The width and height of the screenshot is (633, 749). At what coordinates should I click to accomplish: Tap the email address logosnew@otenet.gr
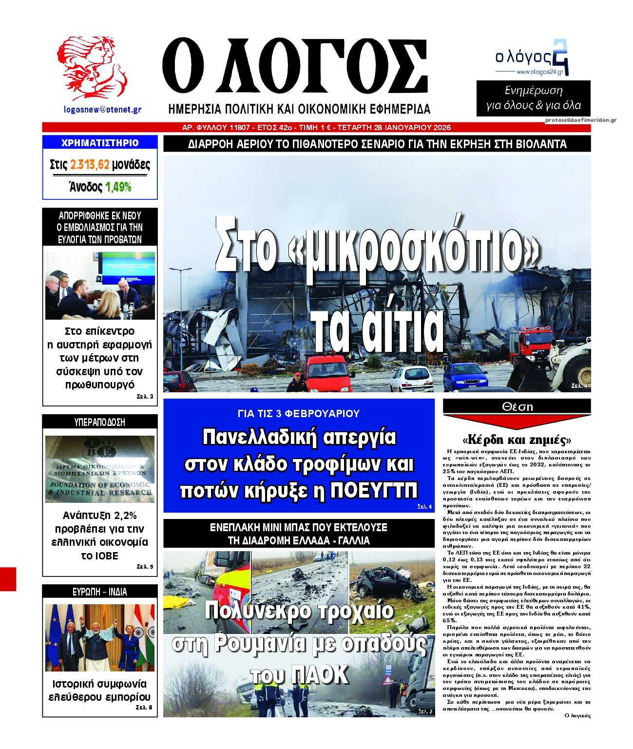point(102,110)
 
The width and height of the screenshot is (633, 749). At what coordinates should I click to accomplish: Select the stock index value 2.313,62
point(90,165)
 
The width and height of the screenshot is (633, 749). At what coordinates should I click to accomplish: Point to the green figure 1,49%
point(118,187)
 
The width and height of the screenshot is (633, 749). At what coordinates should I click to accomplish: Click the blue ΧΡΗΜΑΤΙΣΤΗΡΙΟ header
point(100,143)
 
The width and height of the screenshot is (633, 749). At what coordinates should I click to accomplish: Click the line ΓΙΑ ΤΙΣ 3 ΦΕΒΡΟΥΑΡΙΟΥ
point(299,413)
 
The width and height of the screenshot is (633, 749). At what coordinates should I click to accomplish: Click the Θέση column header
point(517,406)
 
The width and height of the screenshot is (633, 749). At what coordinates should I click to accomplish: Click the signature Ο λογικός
point(577,716)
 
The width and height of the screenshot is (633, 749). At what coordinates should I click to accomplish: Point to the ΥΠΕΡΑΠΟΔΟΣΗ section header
point(100,422)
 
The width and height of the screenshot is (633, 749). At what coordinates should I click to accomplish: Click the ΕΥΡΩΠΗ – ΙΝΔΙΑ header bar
point(100,592)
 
